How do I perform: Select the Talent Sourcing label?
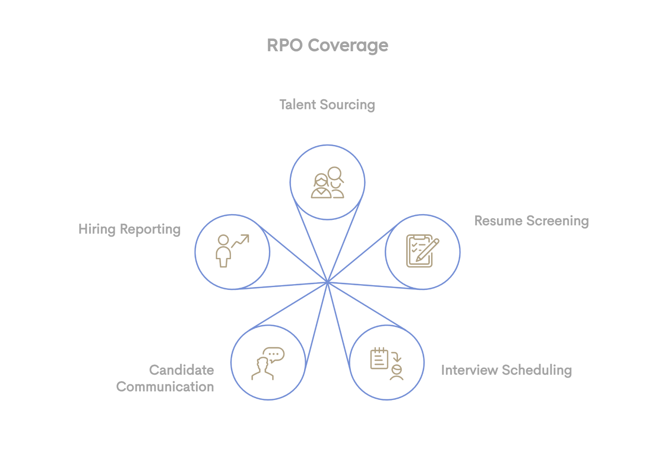point(327,105)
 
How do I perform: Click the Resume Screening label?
point(531,221)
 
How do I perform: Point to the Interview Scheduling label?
point(506,370)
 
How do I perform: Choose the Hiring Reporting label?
point(129,229)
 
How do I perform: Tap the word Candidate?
point(181,370)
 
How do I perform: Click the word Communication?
point(165,387)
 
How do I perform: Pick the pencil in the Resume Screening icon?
point(428,249)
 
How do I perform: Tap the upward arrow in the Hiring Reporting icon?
point(241,241)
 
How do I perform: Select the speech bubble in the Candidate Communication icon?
point(273,354)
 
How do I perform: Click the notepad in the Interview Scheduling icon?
point(379,358)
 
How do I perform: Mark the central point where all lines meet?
point(327,282)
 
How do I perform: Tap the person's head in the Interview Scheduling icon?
point(396,370)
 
